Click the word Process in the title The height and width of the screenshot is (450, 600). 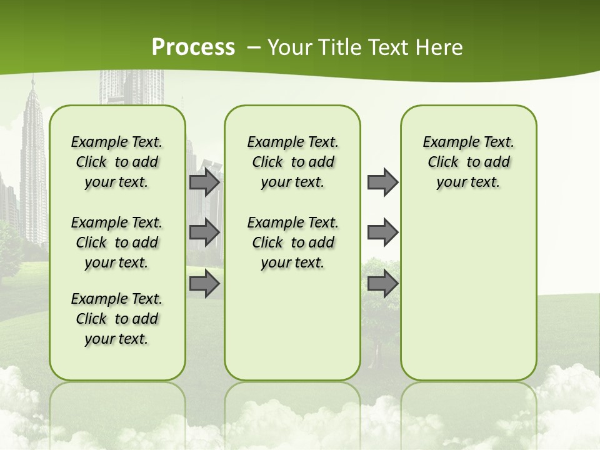pos(193,47)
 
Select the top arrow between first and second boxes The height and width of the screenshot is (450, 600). pos(204,182)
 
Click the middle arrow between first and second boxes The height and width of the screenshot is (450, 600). pos(204,232)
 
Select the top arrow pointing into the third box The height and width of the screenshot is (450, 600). pos(382,182)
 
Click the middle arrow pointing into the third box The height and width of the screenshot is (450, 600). pos(382,232)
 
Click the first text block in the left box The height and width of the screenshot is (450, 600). pos(117,162)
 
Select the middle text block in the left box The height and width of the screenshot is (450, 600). pos(117,242)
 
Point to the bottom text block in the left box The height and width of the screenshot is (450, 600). pos(117,319)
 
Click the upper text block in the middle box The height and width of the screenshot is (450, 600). pos(292,162)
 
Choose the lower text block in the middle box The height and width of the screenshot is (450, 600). pos(292,242)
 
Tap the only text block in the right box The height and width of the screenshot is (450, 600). pos(468,162)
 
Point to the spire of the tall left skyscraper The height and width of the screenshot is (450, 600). pos(32,84)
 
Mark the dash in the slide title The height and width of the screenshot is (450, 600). pos(254,47)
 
